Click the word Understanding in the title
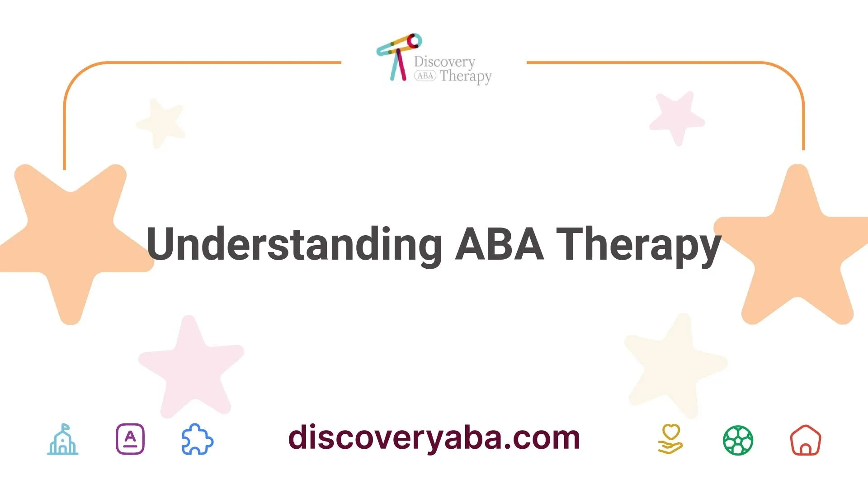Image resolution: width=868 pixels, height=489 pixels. [x=294, y=244]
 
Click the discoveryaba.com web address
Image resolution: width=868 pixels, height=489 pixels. [x=434, y=438]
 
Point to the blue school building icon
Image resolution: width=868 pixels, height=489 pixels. [x=63, y=439]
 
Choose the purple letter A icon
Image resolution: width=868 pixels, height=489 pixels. [x=130, y=439]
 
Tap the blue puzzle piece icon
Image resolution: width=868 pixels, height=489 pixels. [x=198, y=439]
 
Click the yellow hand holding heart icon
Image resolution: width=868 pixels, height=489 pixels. [x=670, y=439]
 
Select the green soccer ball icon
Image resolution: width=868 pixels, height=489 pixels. [x=738, y=440]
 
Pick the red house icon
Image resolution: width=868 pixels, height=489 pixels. [x=805, y=440]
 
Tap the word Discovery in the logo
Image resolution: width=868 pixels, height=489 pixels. [x=444, y=62]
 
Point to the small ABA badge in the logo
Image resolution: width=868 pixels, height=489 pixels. [x=425, y=76]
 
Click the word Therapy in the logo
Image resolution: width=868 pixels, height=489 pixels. [x=466, y=76]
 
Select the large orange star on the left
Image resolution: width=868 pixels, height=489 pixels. [x=72, y=235]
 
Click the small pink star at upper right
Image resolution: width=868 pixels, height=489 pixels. [x=677, y=117]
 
